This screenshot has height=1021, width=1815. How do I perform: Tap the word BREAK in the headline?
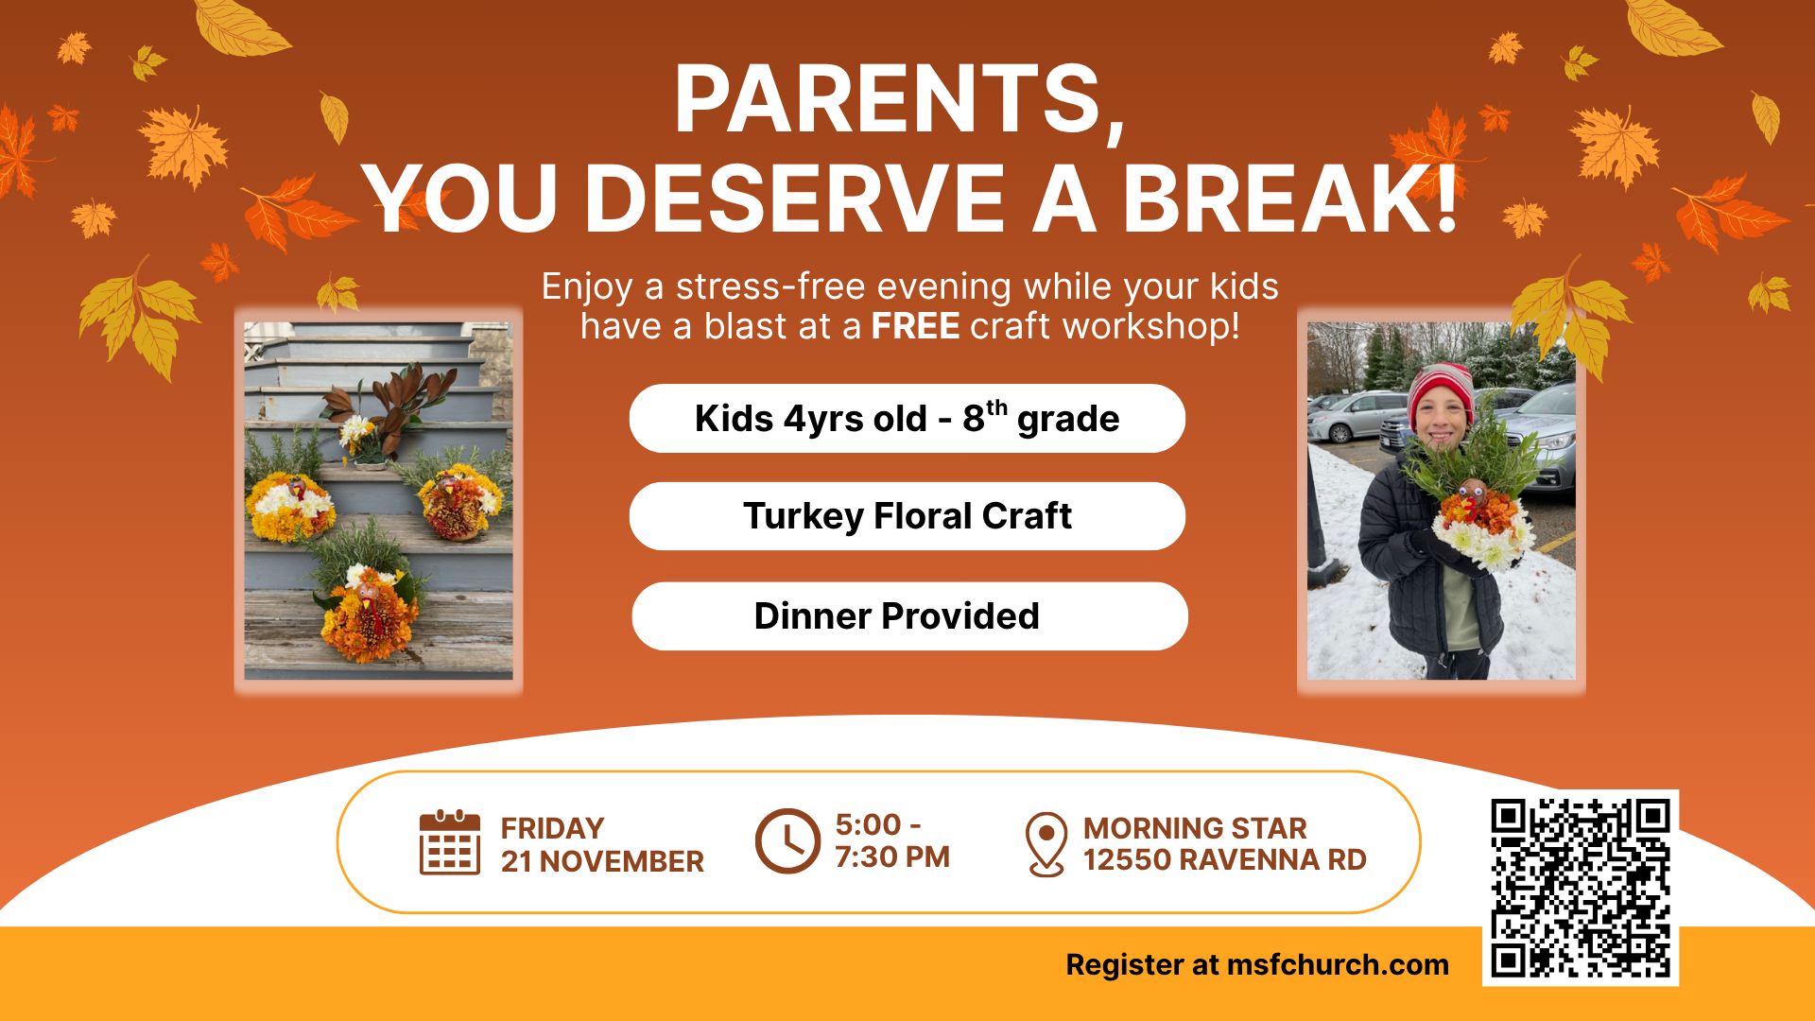click(1276, 199)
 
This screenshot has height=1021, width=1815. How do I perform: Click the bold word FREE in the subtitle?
click(915, 326)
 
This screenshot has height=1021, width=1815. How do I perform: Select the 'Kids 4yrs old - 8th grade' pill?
click(907, 419)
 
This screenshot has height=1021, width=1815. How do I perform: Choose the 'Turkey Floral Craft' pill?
click(907, 516)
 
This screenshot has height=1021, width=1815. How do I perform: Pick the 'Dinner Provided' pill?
click(908, 616)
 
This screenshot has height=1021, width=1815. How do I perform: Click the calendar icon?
click(450, 842)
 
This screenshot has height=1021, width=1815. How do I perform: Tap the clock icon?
click(787, 840)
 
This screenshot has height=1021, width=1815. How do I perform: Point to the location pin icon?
click(1046, 842)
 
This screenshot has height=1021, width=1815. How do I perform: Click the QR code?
click(1580, 888)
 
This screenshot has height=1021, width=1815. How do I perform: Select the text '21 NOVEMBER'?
click(602, 861)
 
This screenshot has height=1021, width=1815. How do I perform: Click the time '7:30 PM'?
click(891, 857)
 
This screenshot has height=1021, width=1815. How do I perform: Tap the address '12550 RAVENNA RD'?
click(1224, 859)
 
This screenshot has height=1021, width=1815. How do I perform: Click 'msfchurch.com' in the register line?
click(1337, 964)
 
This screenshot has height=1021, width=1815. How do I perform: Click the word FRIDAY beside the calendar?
click(552, 828)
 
